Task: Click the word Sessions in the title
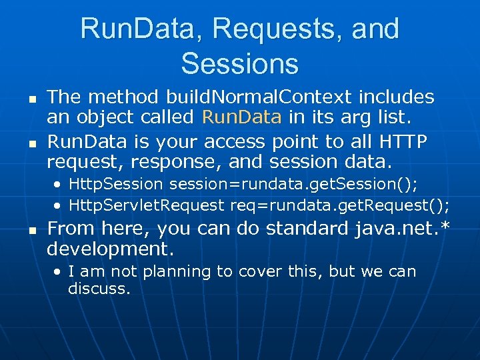[239, 63]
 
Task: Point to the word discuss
[99, 289]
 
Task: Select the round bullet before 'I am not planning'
[59, 272]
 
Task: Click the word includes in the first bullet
[396, 97]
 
